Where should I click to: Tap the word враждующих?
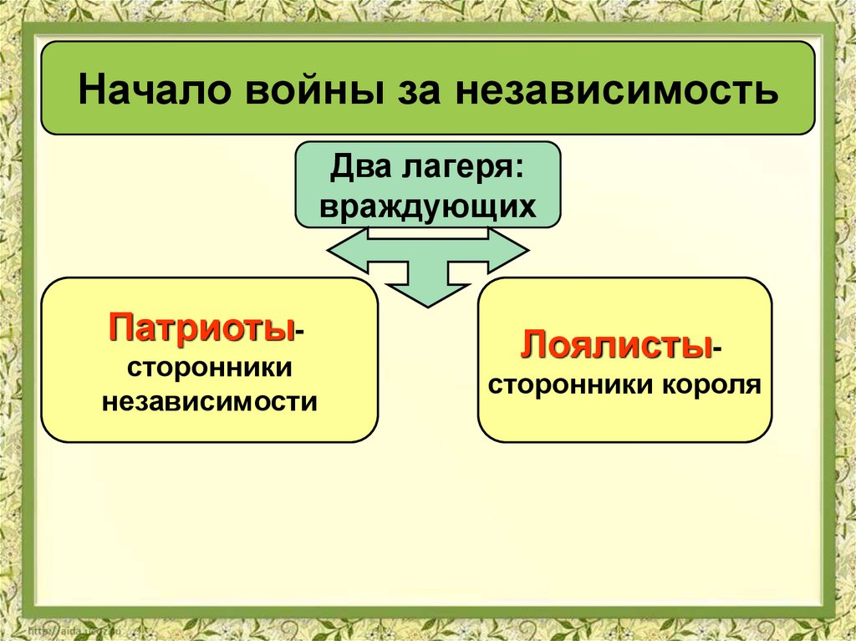tap(427, 206)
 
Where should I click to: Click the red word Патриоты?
tap(200, 327)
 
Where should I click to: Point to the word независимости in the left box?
tap(209, 402)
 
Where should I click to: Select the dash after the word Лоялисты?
tap(717, 351)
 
